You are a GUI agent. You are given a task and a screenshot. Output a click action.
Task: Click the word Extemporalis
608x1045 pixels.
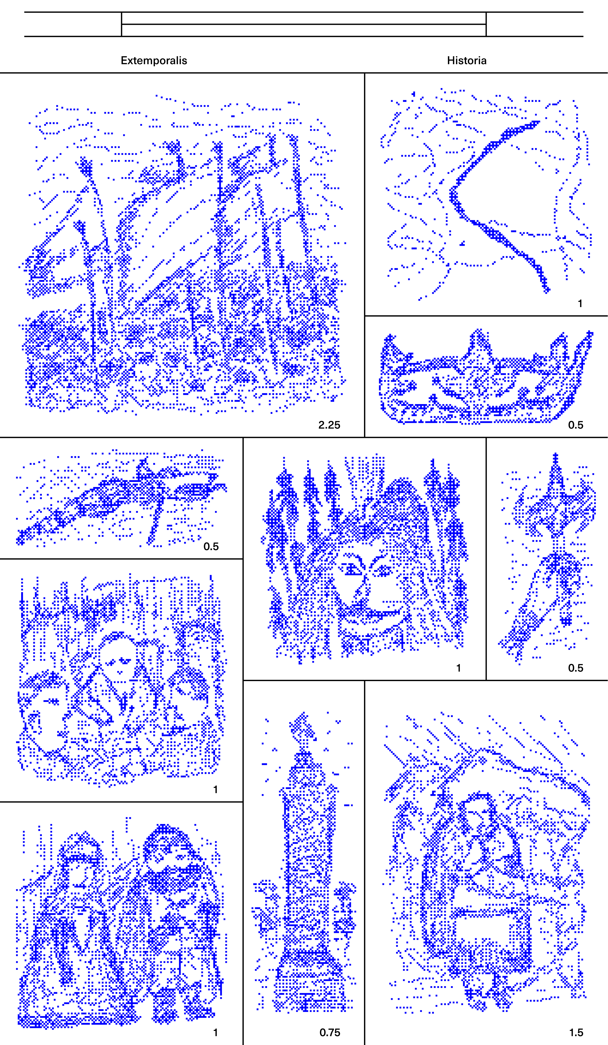(x=154, y=61)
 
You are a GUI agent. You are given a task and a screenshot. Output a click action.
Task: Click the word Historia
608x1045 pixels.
(x=466, y=61)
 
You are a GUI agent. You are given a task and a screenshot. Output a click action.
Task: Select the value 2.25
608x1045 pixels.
(x=329, y=425)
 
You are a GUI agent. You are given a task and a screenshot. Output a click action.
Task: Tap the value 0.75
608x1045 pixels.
(x=330, y=1033)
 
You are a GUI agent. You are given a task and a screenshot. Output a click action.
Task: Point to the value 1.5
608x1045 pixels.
(x=576, y=1033)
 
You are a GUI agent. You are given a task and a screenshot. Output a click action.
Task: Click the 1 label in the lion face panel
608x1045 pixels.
(x=458, y=668)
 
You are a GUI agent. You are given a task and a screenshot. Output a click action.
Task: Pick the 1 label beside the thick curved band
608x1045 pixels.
(x=580, y=303)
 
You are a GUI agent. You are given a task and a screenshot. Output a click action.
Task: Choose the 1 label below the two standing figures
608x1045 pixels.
(x=215, y=1033)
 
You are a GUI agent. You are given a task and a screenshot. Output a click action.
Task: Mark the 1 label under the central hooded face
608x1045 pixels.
(x=215, y=789)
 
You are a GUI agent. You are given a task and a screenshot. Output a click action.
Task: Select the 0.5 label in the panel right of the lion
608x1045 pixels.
(x=576, y=668)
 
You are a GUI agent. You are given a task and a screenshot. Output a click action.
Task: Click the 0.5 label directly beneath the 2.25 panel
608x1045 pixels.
(x=211, y=546)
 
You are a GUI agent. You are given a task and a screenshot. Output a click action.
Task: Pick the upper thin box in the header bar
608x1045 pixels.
(x=304, y=18)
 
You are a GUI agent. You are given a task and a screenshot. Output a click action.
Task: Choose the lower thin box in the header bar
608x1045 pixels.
(x=304, y=30)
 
